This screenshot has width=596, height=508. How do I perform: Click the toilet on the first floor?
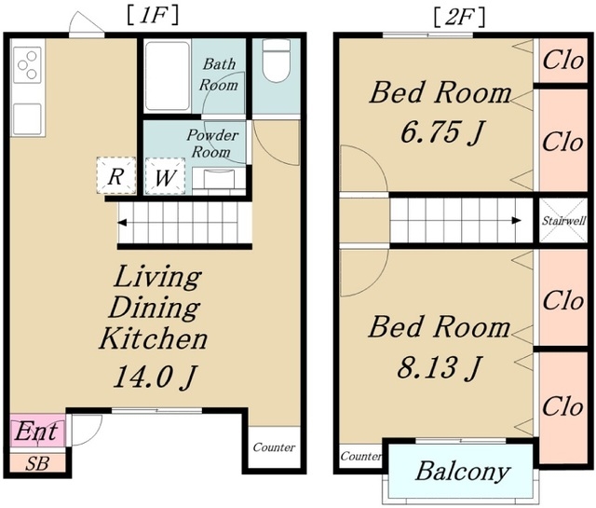coord(277,61)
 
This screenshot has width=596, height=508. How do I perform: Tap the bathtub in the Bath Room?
coord(168,76)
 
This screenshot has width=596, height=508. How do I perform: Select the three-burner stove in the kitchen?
coord(27,65)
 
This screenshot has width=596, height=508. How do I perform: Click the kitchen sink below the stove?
coord(27,119)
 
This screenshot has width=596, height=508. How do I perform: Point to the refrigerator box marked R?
coord(115,176)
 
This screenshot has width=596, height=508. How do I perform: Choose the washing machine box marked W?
coord(165,176)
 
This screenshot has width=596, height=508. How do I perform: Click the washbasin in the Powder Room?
coord(219,178)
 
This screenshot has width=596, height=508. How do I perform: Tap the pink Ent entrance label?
coord(36,432)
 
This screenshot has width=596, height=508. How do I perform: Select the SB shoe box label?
coord(37,463)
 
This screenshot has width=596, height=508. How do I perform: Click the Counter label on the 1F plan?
coord(274,447)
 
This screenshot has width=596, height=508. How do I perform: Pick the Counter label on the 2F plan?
coord(360,456)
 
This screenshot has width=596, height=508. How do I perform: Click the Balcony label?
coord(463,472)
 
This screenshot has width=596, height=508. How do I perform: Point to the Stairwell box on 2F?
coord(563,220)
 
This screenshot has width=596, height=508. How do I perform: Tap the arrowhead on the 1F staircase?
coord(122,223)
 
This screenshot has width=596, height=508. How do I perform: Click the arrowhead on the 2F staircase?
coord(517,220)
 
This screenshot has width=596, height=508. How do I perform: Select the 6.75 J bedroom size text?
coord(442,132)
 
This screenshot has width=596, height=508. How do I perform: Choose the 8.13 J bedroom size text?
coord(440,367)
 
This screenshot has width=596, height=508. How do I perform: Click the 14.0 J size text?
coord(156,377)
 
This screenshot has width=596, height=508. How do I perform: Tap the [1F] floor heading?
coord(153,17)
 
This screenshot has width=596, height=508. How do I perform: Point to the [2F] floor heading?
coord(459,18)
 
